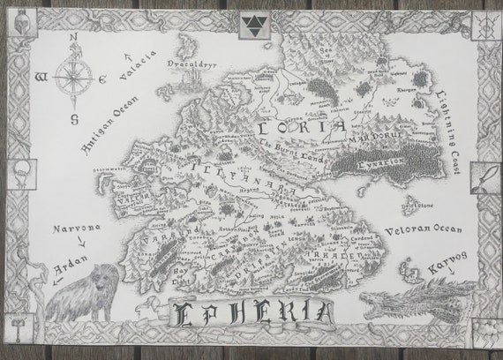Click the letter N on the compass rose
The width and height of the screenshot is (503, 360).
tap(75, 38)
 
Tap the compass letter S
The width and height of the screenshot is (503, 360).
tap(74, 117)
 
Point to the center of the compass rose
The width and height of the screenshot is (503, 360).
tap(75, 77)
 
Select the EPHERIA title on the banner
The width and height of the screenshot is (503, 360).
tap(253, 312)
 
